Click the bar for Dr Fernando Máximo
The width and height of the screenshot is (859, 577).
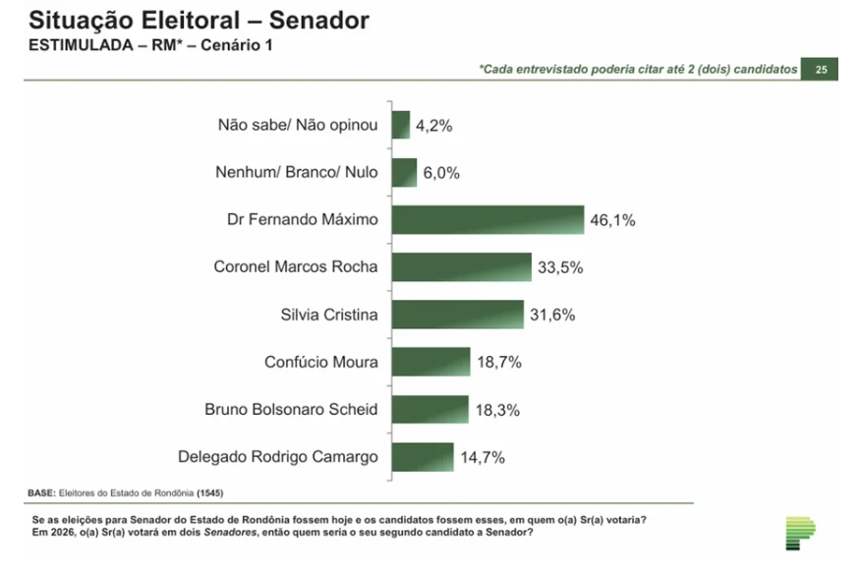point(487,220)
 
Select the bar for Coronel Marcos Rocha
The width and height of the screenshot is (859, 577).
point(461,267)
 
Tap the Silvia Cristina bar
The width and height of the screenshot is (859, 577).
point(457,315)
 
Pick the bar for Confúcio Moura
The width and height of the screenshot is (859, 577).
point(431,362)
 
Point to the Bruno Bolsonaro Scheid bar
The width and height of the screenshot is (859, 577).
point(430,409)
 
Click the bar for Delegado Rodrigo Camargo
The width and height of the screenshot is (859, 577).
point(423,456)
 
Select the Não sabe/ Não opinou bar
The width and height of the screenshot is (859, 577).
point(401,125)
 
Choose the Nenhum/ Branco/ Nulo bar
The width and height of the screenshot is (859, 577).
point(405,173)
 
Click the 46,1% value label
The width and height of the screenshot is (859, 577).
point(612,220)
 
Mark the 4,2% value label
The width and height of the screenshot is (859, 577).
point(433,125)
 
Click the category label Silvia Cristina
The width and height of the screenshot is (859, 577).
point(328,315)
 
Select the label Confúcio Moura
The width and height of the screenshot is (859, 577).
point(320,362)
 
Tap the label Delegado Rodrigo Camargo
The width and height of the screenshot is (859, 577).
point(277,456)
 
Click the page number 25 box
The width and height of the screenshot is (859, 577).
point(820,70)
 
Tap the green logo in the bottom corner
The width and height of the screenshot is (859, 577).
point(799,533)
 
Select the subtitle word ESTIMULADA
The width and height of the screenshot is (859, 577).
point(73,45)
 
